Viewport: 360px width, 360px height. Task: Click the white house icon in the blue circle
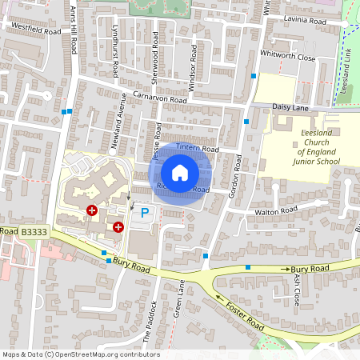click(180, 172)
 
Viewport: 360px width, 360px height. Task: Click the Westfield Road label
click(35, 29)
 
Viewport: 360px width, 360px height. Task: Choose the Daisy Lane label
click(291, 106)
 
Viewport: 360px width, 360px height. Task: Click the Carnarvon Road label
click(160, 97)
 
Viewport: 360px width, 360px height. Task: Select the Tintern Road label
click(197, 149)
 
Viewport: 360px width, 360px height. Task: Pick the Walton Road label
click(275, 212)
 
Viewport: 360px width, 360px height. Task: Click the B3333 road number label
click(34, 232)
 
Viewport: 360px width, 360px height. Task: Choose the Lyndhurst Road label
click(115, 56)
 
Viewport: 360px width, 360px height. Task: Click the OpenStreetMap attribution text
click(80, 354)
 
